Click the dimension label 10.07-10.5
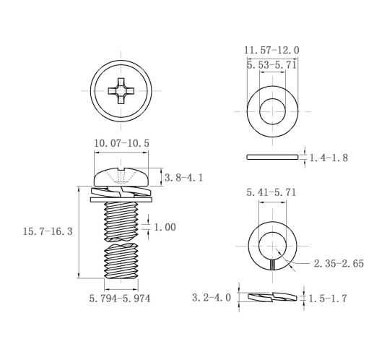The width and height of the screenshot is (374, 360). tap(121, 143)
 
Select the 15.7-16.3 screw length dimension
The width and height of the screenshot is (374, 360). tap(48, 231)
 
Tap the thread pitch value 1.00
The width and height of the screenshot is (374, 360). tap(165, 227)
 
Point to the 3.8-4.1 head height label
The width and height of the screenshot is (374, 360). tap(183, 178)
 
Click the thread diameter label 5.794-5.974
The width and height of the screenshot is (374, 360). tap(120, 299)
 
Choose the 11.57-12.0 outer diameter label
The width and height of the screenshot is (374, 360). tap(271, 50)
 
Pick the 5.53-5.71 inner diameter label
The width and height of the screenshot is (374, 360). tap(271, 65)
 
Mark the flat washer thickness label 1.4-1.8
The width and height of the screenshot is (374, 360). tap(329, 158)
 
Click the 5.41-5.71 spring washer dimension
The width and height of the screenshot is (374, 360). tap(271, 192)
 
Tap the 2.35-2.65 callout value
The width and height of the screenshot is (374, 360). tap(339, 263)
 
